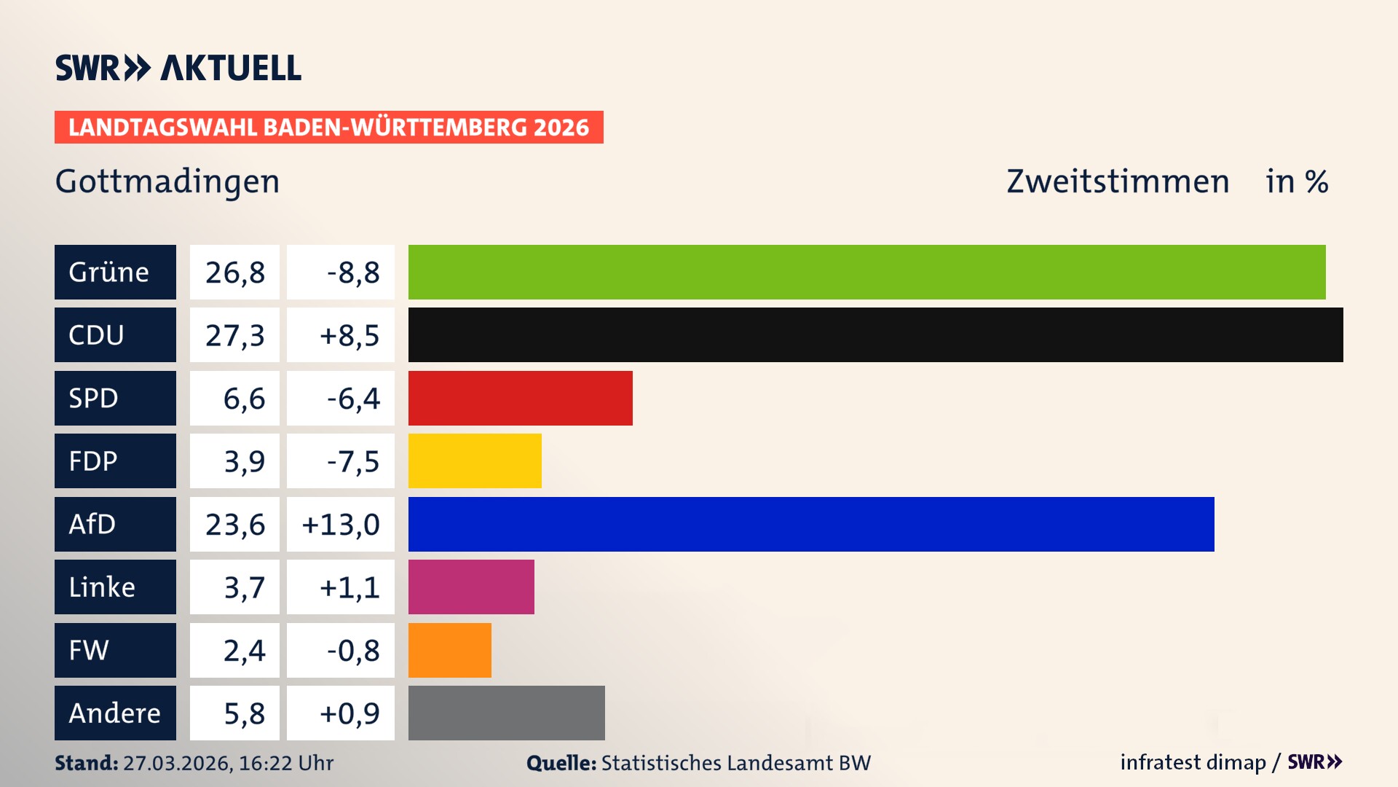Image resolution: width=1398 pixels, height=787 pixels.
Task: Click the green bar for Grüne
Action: coord(866,272)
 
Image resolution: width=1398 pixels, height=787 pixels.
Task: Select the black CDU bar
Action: coord(875,334)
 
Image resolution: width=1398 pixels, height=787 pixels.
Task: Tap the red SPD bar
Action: coord(520,398)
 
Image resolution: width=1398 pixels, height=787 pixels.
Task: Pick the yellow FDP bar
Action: coord(475,461)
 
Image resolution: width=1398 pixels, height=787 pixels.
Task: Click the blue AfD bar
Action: coord(811,524)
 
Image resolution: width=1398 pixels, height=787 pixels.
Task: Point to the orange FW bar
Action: coord(449,650)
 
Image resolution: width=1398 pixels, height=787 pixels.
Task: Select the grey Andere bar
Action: coord(506,713)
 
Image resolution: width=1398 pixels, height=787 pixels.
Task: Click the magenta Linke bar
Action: coord(471,587)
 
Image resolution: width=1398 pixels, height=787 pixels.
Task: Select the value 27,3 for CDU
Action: coord(234,335)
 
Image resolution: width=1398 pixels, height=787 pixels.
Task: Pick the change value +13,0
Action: coord(341,525)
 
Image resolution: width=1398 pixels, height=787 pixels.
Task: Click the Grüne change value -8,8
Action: coord(352,273)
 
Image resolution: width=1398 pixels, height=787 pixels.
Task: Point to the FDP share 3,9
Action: coord(244,461)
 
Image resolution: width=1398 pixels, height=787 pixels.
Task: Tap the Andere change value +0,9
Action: coord(349,713)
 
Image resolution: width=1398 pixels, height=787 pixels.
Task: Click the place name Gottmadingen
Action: coord(167,181)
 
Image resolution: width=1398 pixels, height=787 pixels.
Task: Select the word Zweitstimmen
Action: coord(1118,181)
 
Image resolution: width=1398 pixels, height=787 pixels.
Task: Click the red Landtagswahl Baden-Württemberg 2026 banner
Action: coord(328,128)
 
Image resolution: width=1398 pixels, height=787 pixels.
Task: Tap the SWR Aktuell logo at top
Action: coord(178,68)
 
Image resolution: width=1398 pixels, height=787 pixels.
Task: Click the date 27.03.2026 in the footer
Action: coord(177,763)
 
